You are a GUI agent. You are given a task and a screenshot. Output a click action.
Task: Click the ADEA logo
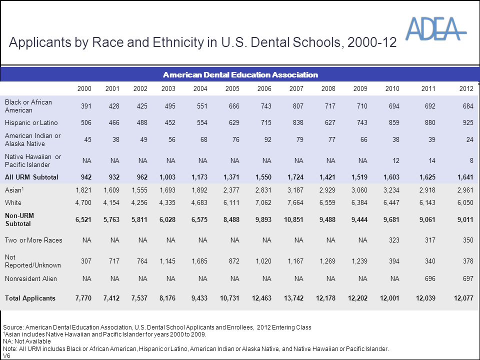coord(436,28)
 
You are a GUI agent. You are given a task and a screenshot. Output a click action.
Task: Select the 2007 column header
coord(296,89)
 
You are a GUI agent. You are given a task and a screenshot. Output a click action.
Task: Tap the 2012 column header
coord(466,89)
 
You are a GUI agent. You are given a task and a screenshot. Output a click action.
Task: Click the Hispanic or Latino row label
coord(31,123)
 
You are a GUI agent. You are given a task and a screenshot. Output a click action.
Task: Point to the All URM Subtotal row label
coord(31,177)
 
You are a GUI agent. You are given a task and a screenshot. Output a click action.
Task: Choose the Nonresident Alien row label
coord(31,278)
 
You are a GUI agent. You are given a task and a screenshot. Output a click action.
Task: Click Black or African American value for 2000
coord(86,106)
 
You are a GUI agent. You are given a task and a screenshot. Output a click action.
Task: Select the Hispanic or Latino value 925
coord(468,123)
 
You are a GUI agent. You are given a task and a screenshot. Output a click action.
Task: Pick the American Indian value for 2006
coord(268,139)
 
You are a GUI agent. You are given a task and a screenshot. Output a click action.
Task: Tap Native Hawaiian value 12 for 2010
coord(396,160)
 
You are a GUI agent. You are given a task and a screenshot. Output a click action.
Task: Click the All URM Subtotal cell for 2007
coord(295,177)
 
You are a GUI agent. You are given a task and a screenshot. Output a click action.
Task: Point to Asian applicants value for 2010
coord(391,190)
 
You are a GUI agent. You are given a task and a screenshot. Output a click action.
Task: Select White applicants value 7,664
coord(295,202)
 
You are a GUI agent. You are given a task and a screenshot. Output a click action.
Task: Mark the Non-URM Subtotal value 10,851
coord(293,220)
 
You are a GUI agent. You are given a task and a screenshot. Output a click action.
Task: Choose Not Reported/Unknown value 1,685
coord(199,261)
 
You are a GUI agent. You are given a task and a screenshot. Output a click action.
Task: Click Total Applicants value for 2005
coord(229,298)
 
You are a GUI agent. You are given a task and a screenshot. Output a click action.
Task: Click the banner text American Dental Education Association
coord(240,74)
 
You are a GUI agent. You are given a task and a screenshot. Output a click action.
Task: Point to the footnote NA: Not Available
coord(27,341)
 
